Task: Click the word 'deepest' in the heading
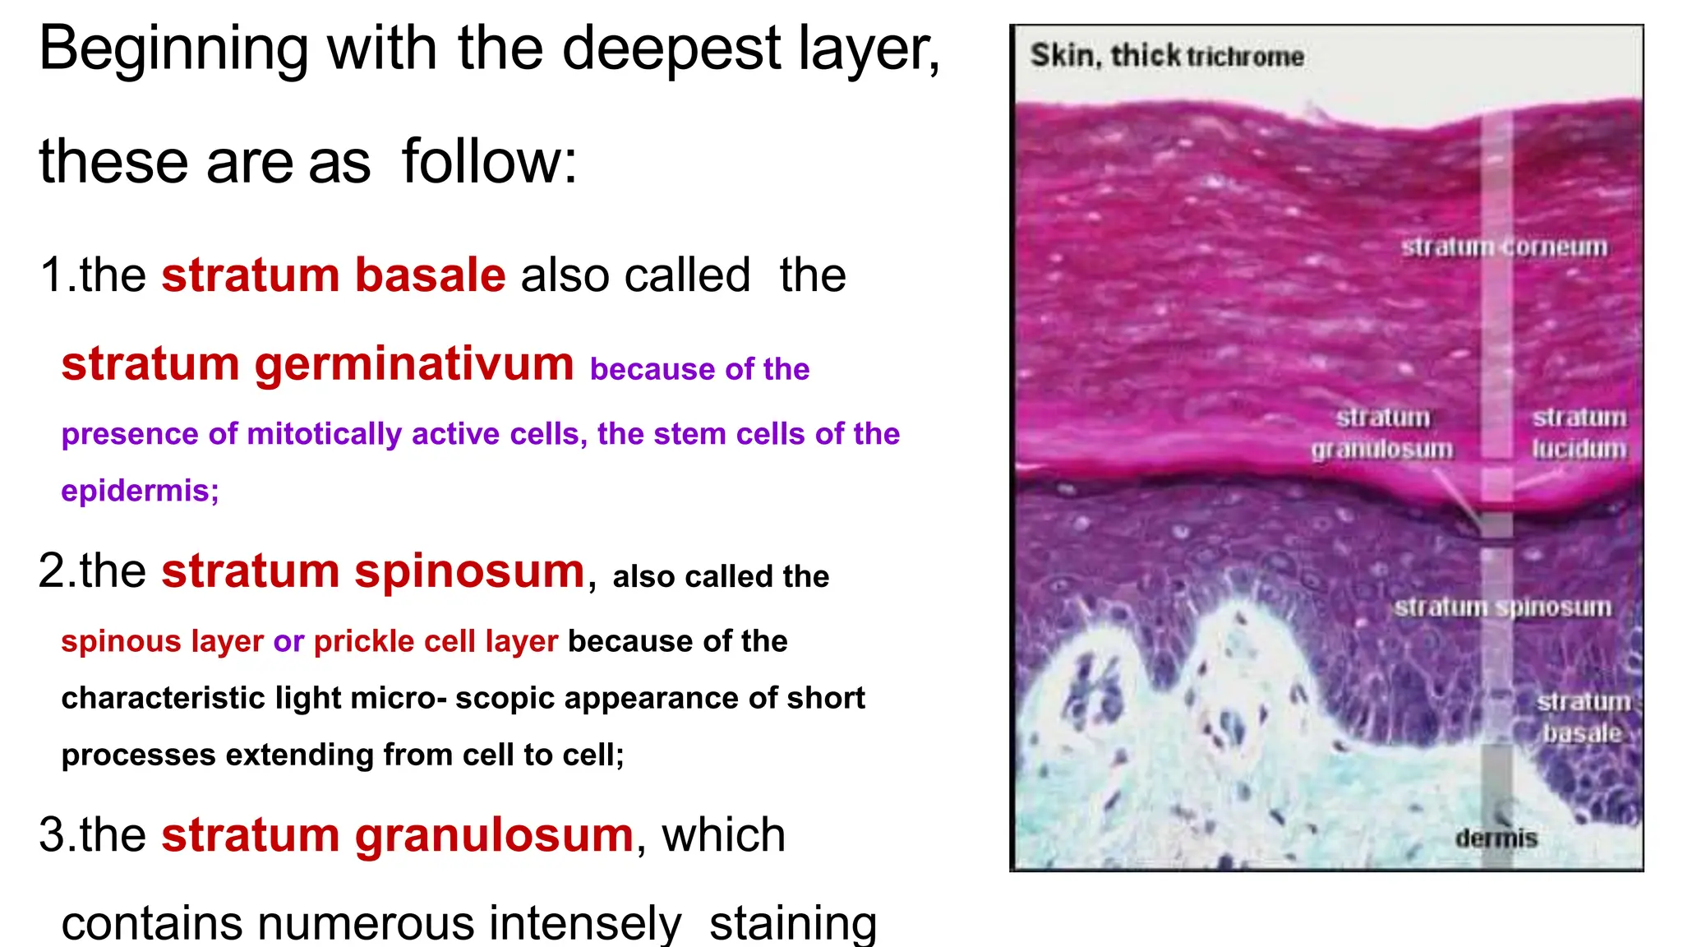(670, 49)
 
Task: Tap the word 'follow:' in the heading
(490, 161)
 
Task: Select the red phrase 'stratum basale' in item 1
(333, 275)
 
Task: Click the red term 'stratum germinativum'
(317, 363)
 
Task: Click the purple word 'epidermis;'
(140, 491)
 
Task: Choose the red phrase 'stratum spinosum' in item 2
(372, 571)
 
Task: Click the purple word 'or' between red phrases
(288, 641)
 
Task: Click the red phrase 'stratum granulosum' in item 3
(397, 835)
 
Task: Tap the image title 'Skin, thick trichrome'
(1167, 56)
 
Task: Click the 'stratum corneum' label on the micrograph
(1504, 247)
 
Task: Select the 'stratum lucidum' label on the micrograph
(1579, 433)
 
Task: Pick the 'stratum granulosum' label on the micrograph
(1381, 433)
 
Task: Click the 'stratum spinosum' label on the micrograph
(1502, 607)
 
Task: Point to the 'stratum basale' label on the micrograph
(1583, 717)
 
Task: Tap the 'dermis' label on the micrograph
(1496, 838)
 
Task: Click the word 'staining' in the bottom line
(793, 922)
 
